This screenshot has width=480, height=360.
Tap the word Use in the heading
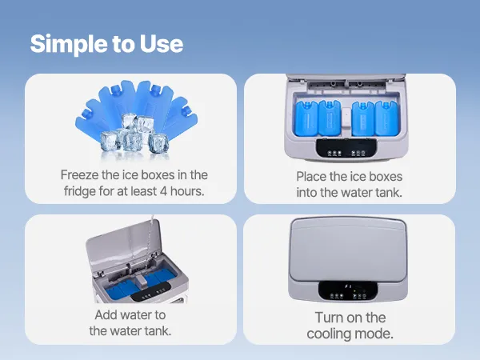[162, 43]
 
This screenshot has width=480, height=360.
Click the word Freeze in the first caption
[79, 174]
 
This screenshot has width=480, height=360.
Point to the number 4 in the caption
[164, 191]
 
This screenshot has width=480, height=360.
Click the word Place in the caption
[311, 177]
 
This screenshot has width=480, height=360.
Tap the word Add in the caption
[106, 314]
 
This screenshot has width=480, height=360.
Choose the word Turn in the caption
[330, 318]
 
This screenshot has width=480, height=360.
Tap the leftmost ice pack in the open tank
[306, 118]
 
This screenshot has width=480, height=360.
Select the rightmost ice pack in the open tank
[386, 118]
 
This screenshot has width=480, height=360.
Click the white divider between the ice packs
[346, 118]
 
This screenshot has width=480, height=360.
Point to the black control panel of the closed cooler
[348, 290]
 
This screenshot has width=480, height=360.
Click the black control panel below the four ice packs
[346, 148]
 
